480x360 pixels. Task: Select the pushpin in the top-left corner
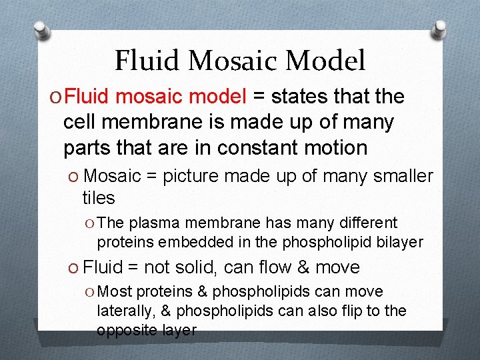[x=42, y=31]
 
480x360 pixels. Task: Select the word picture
[x=193, y=176]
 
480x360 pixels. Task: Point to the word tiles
[x=98, y=198]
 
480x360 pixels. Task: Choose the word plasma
[x=151, y=223]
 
